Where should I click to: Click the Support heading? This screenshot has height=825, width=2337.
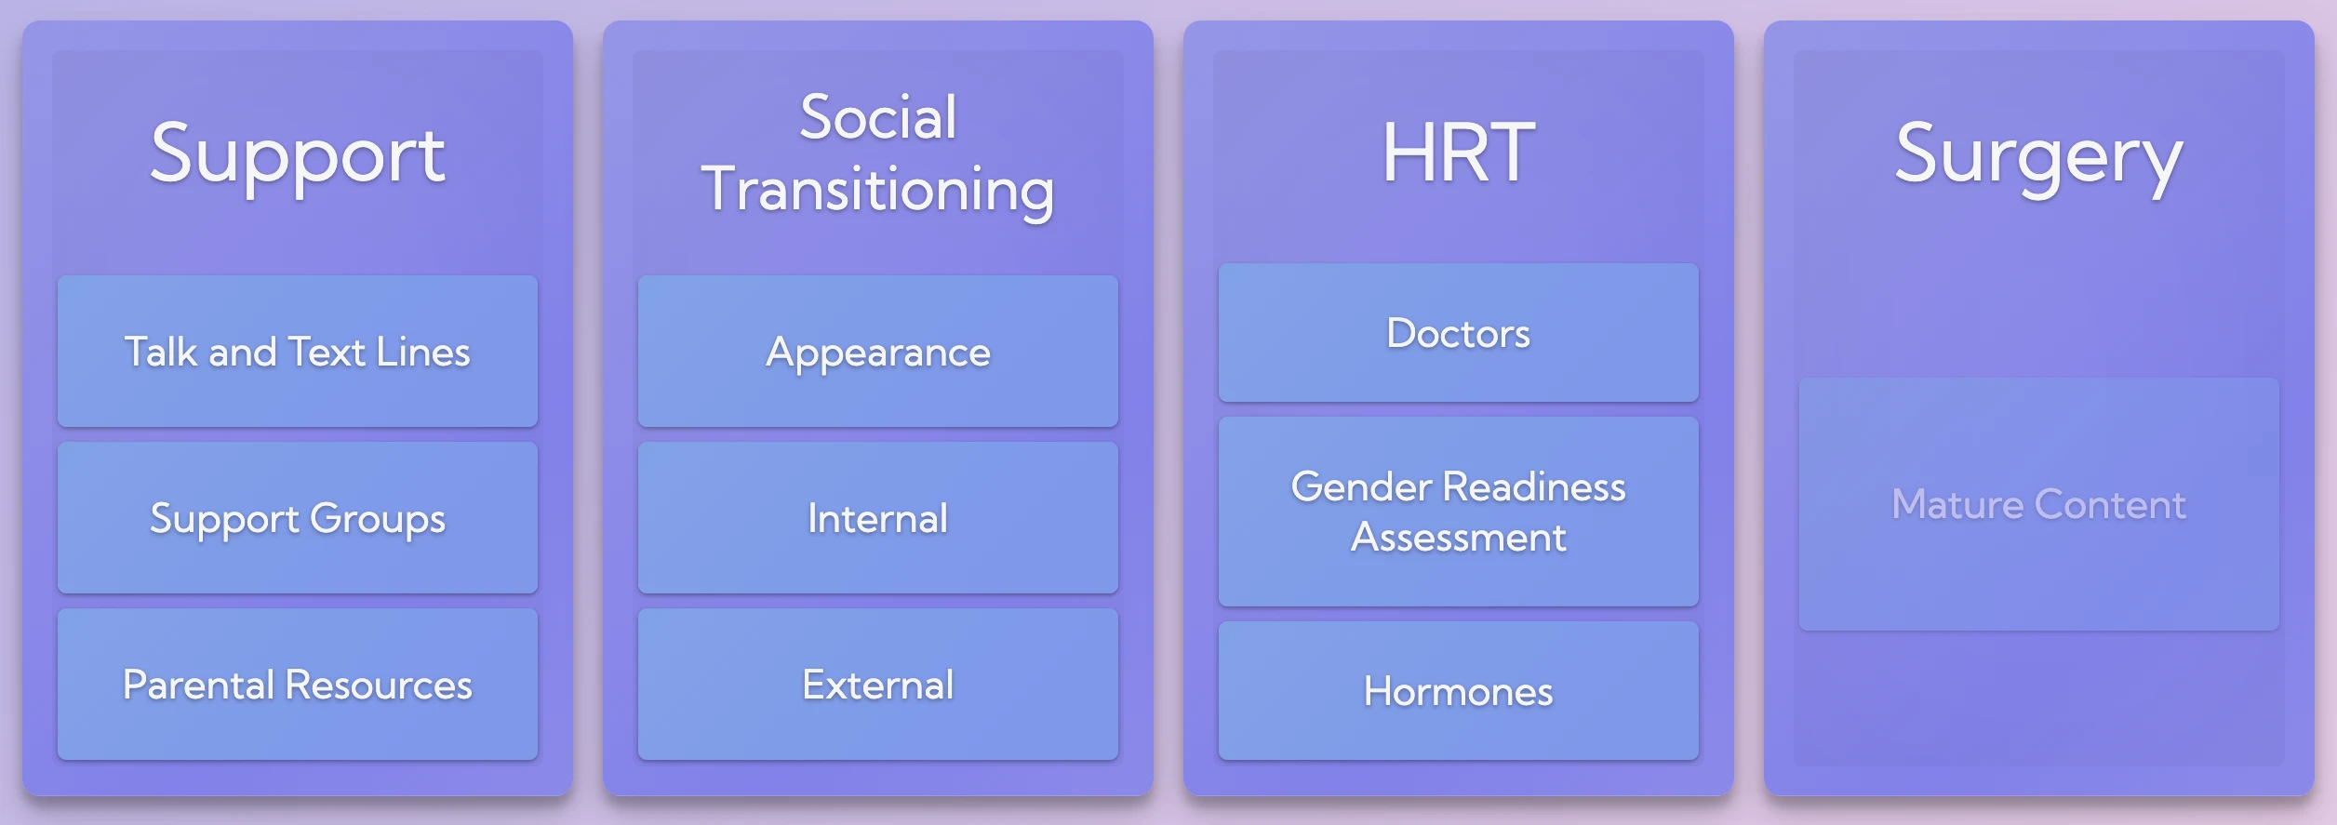coord(298,156)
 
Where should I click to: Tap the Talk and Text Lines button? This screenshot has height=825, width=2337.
coord(298,351)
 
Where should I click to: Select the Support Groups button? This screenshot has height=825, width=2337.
coord(298,517)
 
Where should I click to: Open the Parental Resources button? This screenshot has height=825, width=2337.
coord(298,685)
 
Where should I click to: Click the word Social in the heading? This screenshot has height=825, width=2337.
coord(878,117)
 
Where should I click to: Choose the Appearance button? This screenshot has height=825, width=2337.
coord(878,351)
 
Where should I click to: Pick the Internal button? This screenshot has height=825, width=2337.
coord(878,517)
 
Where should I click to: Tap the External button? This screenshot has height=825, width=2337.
coord(878,685)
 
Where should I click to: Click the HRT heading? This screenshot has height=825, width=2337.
coord(1459,153)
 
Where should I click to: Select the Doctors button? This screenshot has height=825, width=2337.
coord(1459,332)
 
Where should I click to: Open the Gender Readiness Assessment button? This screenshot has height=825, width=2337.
coord(1459,512)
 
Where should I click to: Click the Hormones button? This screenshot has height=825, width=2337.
coord(1459,691)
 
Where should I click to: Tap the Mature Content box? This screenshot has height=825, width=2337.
coord(2039,504)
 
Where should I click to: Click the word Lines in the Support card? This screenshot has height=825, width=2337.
coord(423,352)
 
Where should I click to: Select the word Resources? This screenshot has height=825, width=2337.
coord(379,685)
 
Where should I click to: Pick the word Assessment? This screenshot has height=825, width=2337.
coord(1459,538)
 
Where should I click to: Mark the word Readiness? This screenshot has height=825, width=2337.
coord(1535,486)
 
